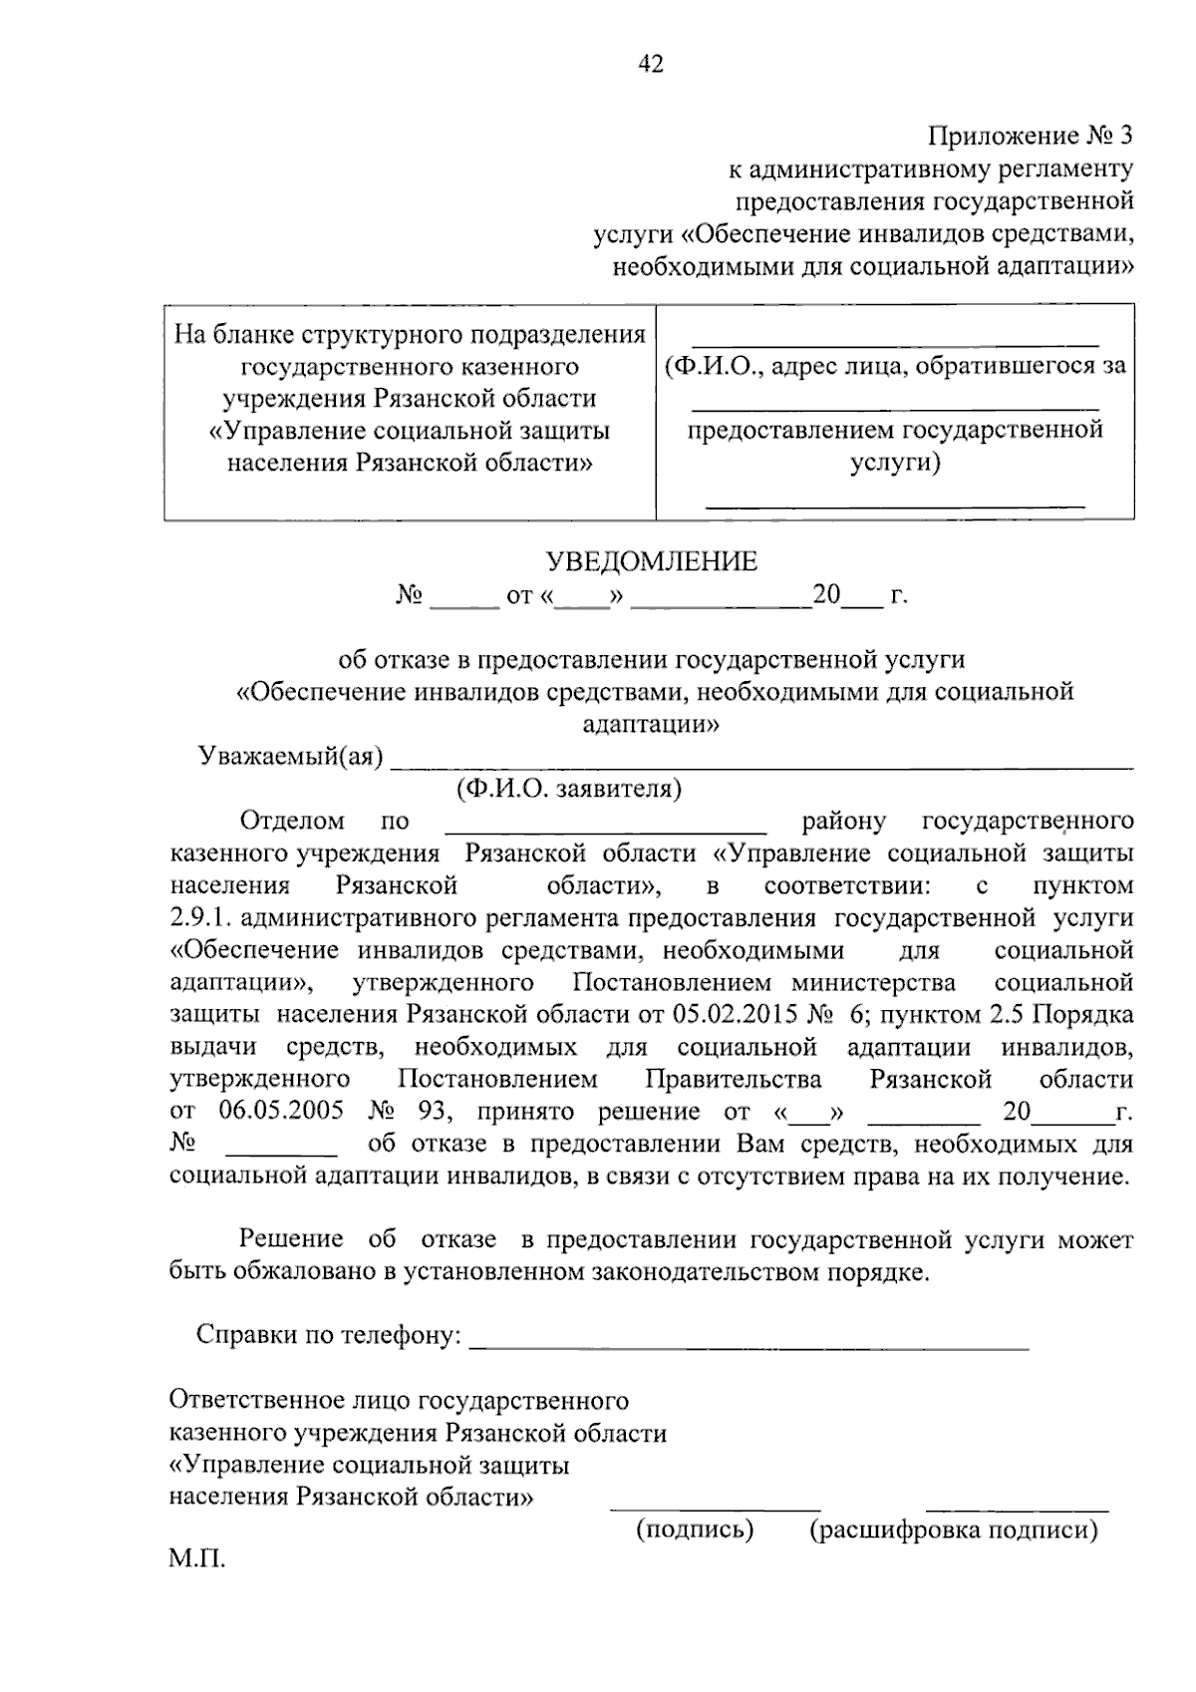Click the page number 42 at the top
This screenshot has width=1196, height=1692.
[650, 65]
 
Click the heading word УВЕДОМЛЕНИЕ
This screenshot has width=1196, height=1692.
[651, 562]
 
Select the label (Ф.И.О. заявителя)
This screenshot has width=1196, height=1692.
[569, 790]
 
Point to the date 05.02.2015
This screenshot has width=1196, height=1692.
[738, 1015]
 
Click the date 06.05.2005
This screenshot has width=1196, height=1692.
[282, 1111]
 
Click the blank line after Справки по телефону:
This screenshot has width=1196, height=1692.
[747, 1346]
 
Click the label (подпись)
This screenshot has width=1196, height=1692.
[695, 1528]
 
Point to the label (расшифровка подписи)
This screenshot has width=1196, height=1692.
[954, 1528]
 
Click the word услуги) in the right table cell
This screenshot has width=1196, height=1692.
[894, 463]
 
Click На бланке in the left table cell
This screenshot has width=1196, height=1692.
[233, 333]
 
